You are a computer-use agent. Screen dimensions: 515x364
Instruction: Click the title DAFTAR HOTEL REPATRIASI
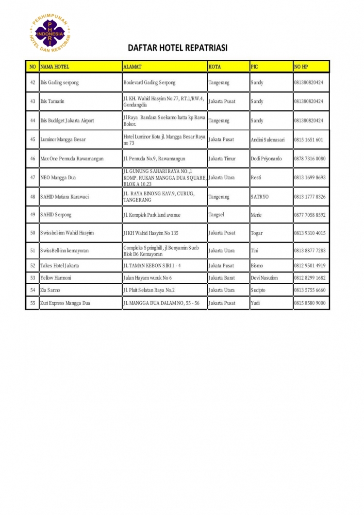coord(178,48)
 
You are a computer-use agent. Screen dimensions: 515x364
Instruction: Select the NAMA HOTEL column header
coord(55,66)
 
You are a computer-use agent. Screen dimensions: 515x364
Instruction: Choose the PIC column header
coord(254,66)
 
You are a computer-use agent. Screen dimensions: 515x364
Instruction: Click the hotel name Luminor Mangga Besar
coord(63,139)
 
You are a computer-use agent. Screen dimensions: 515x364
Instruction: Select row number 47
coord(33,178)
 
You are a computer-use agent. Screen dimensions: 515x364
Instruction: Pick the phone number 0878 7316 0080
coord(310,159)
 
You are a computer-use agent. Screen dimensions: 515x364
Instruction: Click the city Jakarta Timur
coord(222,159)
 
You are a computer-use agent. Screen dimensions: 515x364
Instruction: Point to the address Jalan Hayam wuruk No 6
coord(148,278)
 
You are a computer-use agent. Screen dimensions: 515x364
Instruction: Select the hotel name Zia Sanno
coord(50,290)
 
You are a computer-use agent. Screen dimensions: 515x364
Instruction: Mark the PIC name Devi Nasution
coord(264,278)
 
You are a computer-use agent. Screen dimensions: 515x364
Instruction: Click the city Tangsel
coord(216,215)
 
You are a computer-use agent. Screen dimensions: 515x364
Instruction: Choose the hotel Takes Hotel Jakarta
coord(60,266)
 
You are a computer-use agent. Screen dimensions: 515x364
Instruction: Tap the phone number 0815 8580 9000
coord(310,303)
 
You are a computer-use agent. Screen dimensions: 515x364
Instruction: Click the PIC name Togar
coord(257,233)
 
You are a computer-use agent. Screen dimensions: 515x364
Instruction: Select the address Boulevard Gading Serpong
coord(149,83)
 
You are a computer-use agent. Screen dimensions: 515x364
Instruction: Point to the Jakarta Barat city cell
coord(221,278)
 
